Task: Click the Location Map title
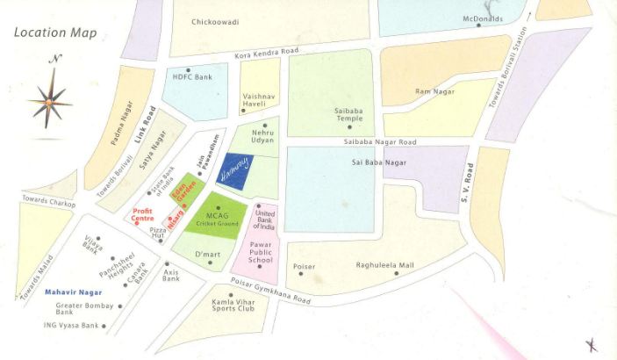(x=54, y=33)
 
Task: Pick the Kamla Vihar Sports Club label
(x=233, y=306)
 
